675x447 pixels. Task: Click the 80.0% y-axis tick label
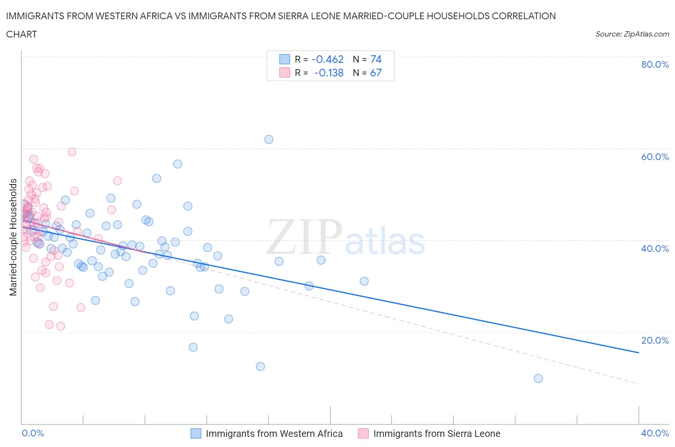point(655,64)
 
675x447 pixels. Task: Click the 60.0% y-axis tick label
point(655,157)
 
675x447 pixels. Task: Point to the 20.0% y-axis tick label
point(655,340)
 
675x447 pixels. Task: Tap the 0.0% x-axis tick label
point(33,433)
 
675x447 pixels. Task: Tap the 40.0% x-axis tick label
point(655,433)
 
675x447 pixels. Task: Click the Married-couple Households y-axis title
point(13,237)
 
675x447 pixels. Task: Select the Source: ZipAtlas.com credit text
point(632,34)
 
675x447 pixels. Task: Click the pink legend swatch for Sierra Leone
point(363,434)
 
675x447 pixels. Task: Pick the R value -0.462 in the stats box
point(327,59)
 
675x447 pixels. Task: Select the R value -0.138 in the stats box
point(329,73)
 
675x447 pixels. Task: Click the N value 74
point(376,59)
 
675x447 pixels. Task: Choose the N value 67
point(376,73)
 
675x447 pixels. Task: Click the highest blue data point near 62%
point(269,139)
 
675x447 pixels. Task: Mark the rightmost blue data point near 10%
point(538,378)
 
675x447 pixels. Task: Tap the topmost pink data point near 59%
point(72,152)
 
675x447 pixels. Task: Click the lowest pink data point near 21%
point(60,326)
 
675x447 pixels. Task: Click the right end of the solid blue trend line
point(639,353)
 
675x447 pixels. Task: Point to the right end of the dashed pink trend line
point(639,384)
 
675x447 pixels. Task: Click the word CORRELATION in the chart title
point(524,16)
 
